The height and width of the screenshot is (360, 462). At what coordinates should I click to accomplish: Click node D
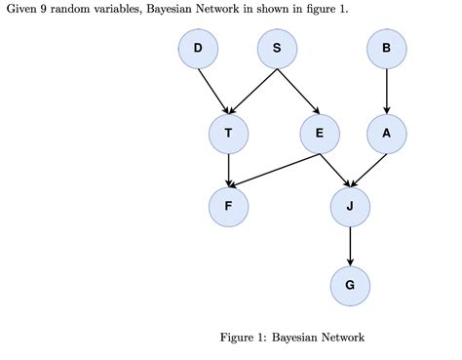click(199, 50)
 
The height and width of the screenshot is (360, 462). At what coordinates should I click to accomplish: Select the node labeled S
click(277, 50)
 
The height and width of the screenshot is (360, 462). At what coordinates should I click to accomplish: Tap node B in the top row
click(387, 50)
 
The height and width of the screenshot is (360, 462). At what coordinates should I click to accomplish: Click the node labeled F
click(229, 206)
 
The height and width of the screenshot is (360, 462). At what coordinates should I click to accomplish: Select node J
click(350, 206)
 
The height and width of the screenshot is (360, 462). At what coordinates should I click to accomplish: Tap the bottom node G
click(350, 285)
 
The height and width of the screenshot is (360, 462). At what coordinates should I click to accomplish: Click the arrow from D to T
click(214, 92)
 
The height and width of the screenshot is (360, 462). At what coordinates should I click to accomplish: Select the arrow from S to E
click(297, 92)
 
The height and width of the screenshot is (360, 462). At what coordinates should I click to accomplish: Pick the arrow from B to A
click(387, 92)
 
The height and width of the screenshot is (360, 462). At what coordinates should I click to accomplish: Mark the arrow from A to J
click(369, 170)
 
